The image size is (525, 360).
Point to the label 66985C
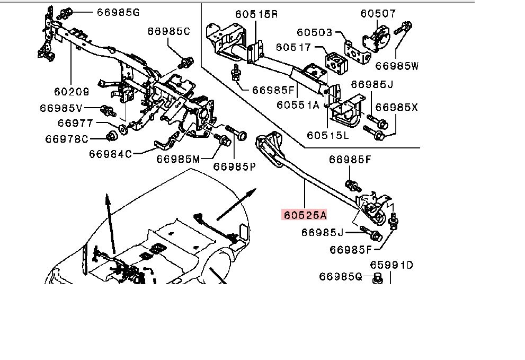[x=169, y=32]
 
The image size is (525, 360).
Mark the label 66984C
[x=110, y=154]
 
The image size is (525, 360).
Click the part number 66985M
[x=178, y=160]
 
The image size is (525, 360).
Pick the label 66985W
[x=397, y=66]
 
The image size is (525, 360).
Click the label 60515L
[x=330, y=136]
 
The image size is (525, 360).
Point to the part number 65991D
[x=391, y=264]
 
